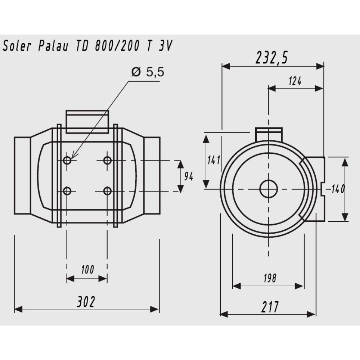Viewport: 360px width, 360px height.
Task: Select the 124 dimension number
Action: pos(295,81)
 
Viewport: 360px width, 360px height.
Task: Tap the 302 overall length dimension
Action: pos(86,302)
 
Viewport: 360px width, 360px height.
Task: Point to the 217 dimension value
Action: pos(270,307)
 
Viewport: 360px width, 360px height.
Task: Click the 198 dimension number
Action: pos(270,278)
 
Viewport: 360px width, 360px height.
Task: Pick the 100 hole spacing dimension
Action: pos(87,270)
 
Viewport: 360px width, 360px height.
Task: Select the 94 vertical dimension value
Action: pos(189,176)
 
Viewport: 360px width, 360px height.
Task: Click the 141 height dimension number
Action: pos(214,160)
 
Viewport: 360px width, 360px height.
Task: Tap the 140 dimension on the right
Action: pos(338,189)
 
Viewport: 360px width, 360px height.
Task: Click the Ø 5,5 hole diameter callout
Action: pos(148,72)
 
